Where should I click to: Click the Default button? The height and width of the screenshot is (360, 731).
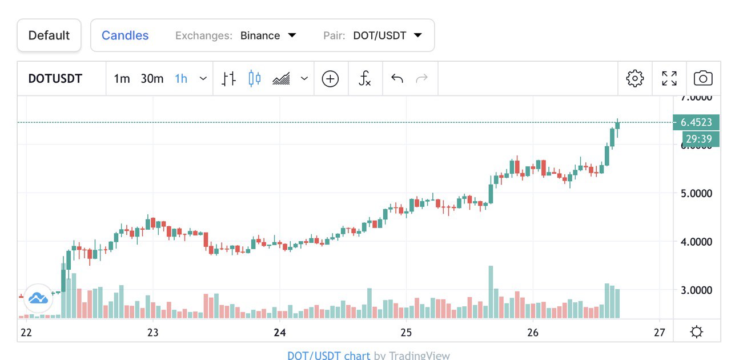pyautogui.click(x=49, y=35)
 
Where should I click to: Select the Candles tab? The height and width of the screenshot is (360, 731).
pyautogui.click(x=125, y=35)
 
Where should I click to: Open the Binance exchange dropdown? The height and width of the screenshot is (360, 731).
pyautogui.click(x=268, y=35)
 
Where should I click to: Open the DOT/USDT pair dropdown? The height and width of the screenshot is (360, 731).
pyautogui.click(x=387, y=35)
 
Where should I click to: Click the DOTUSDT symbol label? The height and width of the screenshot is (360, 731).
pyautogui.click(x=55, y=79)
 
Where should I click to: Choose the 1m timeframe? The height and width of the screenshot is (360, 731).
pyautogui.click(x=122, y=79)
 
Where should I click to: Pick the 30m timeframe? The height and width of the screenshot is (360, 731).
pyautogui.click(x=152, y=79)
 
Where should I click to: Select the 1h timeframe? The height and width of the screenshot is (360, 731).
pyautogui.click(x=181, y=79)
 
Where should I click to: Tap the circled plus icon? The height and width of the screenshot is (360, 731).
pyautogui.click(x=330, y=79)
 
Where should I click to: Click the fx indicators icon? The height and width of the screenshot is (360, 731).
pyautogui.click(x=364, y=79)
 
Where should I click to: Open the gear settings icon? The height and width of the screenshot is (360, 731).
pyautogui.click(x=635, y=79)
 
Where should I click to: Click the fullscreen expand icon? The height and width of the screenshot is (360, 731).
pyautogui.click(x=669, y=79)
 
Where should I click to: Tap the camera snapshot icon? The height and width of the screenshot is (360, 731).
pyautogui.click(x=703, y=79)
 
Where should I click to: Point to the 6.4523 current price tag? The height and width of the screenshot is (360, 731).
pyautogui.click(x=696, y=122)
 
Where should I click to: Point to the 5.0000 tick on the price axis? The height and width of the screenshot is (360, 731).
pyautogui.click(x=696, y=193)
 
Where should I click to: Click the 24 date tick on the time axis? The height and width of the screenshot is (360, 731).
pyautogui.click(x=279, y=333)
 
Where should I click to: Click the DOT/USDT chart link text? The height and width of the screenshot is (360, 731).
pyautogui.click(x=328, y=355)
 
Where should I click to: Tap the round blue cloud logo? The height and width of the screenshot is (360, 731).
pyautogui.click(x=38, y=297)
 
